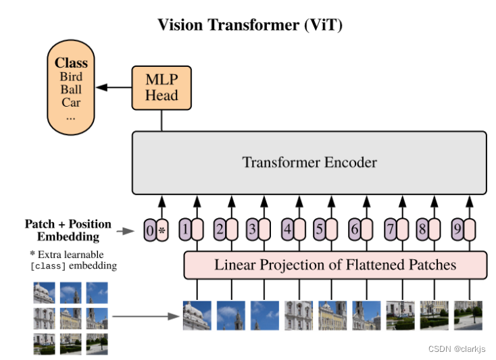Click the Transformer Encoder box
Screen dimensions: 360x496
309,163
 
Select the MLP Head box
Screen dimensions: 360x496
161,88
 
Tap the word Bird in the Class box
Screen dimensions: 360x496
71,77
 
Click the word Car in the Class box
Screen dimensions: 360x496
71,103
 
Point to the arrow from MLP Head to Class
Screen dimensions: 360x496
114,88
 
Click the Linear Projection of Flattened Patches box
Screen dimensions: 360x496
334,265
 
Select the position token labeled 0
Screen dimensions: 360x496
149,230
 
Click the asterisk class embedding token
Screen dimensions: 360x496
162,230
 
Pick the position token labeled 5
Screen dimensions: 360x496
320,230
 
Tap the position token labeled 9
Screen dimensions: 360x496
457,230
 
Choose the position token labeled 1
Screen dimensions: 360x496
184,230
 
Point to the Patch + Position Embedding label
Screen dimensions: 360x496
68,230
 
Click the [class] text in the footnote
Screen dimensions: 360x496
46,266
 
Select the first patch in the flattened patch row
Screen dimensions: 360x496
197,315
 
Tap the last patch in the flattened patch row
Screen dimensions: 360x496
468,315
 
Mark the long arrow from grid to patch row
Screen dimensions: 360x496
144,315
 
